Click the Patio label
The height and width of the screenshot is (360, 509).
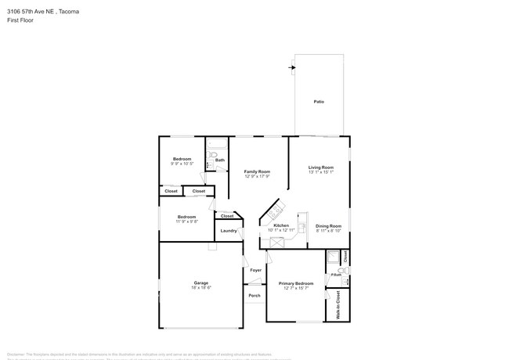click(319, 102)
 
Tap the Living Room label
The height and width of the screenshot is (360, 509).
click(321, 167)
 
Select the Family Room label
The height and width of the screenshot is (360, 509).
click(257, 171)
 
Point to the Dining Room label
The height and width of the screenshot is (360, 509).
click(329, 225)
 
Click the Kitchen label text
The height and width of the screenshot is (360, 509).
click(281, 225)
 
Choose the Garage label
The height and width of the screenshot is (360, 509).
click(201, 283)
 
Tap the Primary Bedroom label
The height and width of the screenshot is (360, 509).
click(296, 283)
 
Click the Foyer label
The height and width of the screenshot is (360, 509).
click(255, 270)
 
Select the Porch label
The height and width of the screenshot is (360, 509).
click(254, 295)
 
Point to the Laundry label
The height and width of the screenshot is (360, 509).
click(229, 231)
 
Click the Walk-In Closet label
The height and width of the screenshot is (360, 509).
click(338, 304)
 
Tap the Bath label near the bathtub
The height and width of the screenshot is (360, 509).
click(220, 160)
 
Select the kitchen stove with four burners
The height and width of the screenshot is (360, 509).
click(276, 211)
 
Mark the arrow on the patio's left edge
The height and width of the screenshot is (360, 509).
click(292, 67)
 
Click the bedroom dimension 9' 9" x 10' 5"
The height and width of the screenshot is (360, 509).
click(182, 164)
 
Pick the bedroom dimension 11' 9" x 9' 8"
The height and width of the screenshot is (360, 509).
click(186, 221)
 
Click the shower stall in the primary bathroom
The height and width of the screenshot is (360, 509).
click(334, 257)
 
